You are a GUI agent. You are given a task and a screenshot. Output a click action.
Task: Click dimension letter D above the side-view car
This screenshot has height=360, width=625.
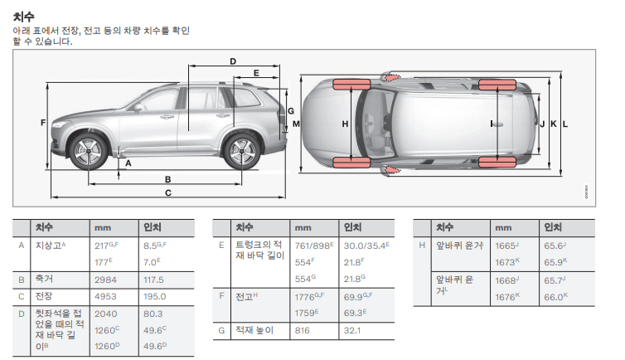(x=233, y=61)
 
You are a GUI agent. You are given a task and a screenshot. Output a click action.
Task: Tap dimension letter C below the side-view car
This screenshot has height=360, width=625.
(x=167, y=193)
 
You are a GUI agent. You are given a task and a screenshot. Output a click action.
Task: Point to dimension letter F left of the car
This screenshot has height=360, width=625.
(x=42, y=124)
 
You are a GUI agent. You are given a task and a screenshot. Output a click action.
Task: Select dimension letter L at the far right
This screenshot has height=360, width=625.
(x=564, y=124)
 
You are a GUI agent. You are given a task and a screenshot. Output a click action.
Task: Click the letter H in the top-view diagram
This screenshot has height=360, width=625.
(x=345, y=124)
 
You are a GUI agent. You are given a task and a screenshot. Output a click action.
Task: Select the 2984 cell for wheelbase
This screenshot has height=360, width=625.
(x=106, y=280)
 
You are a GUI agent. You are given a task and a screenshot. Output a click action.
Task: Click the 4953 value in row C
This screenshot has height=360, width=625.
(x=106, y=297)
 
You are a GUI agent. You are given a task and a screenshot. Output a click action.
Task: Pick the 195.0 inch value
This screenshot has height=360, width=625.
(x=155, y=297)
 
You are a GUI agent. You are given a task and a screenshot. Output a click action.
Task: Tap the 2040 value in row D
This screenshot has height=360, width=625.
(x=106, y=314)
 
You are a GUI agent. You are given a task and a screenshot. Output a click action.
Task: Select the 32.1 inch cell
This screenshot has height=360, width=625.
(x=352, y=331)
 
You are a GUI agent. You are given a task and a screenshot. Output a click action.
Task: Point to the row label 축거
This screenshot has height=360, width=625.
(x=43, y=280)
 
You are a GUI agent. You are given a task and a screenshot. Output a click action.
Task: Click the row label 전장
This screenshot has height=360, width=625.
(x=43, y=297)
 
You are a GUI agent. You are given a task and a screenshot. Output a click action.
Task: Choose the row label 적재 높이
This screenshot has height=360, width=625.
(x=254, y=331)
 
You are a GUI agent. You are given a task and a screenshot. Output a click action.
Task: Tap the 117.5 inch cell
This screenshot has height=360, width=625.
(x=155, y=280)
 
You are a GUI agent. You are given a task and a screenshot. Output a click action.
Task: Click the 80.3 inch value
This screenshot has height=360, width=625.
(x=153, y=314)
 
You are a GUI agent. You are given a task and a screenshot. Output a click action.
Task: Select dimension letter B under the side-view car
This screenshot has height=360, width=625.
(x=167, y=178)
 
